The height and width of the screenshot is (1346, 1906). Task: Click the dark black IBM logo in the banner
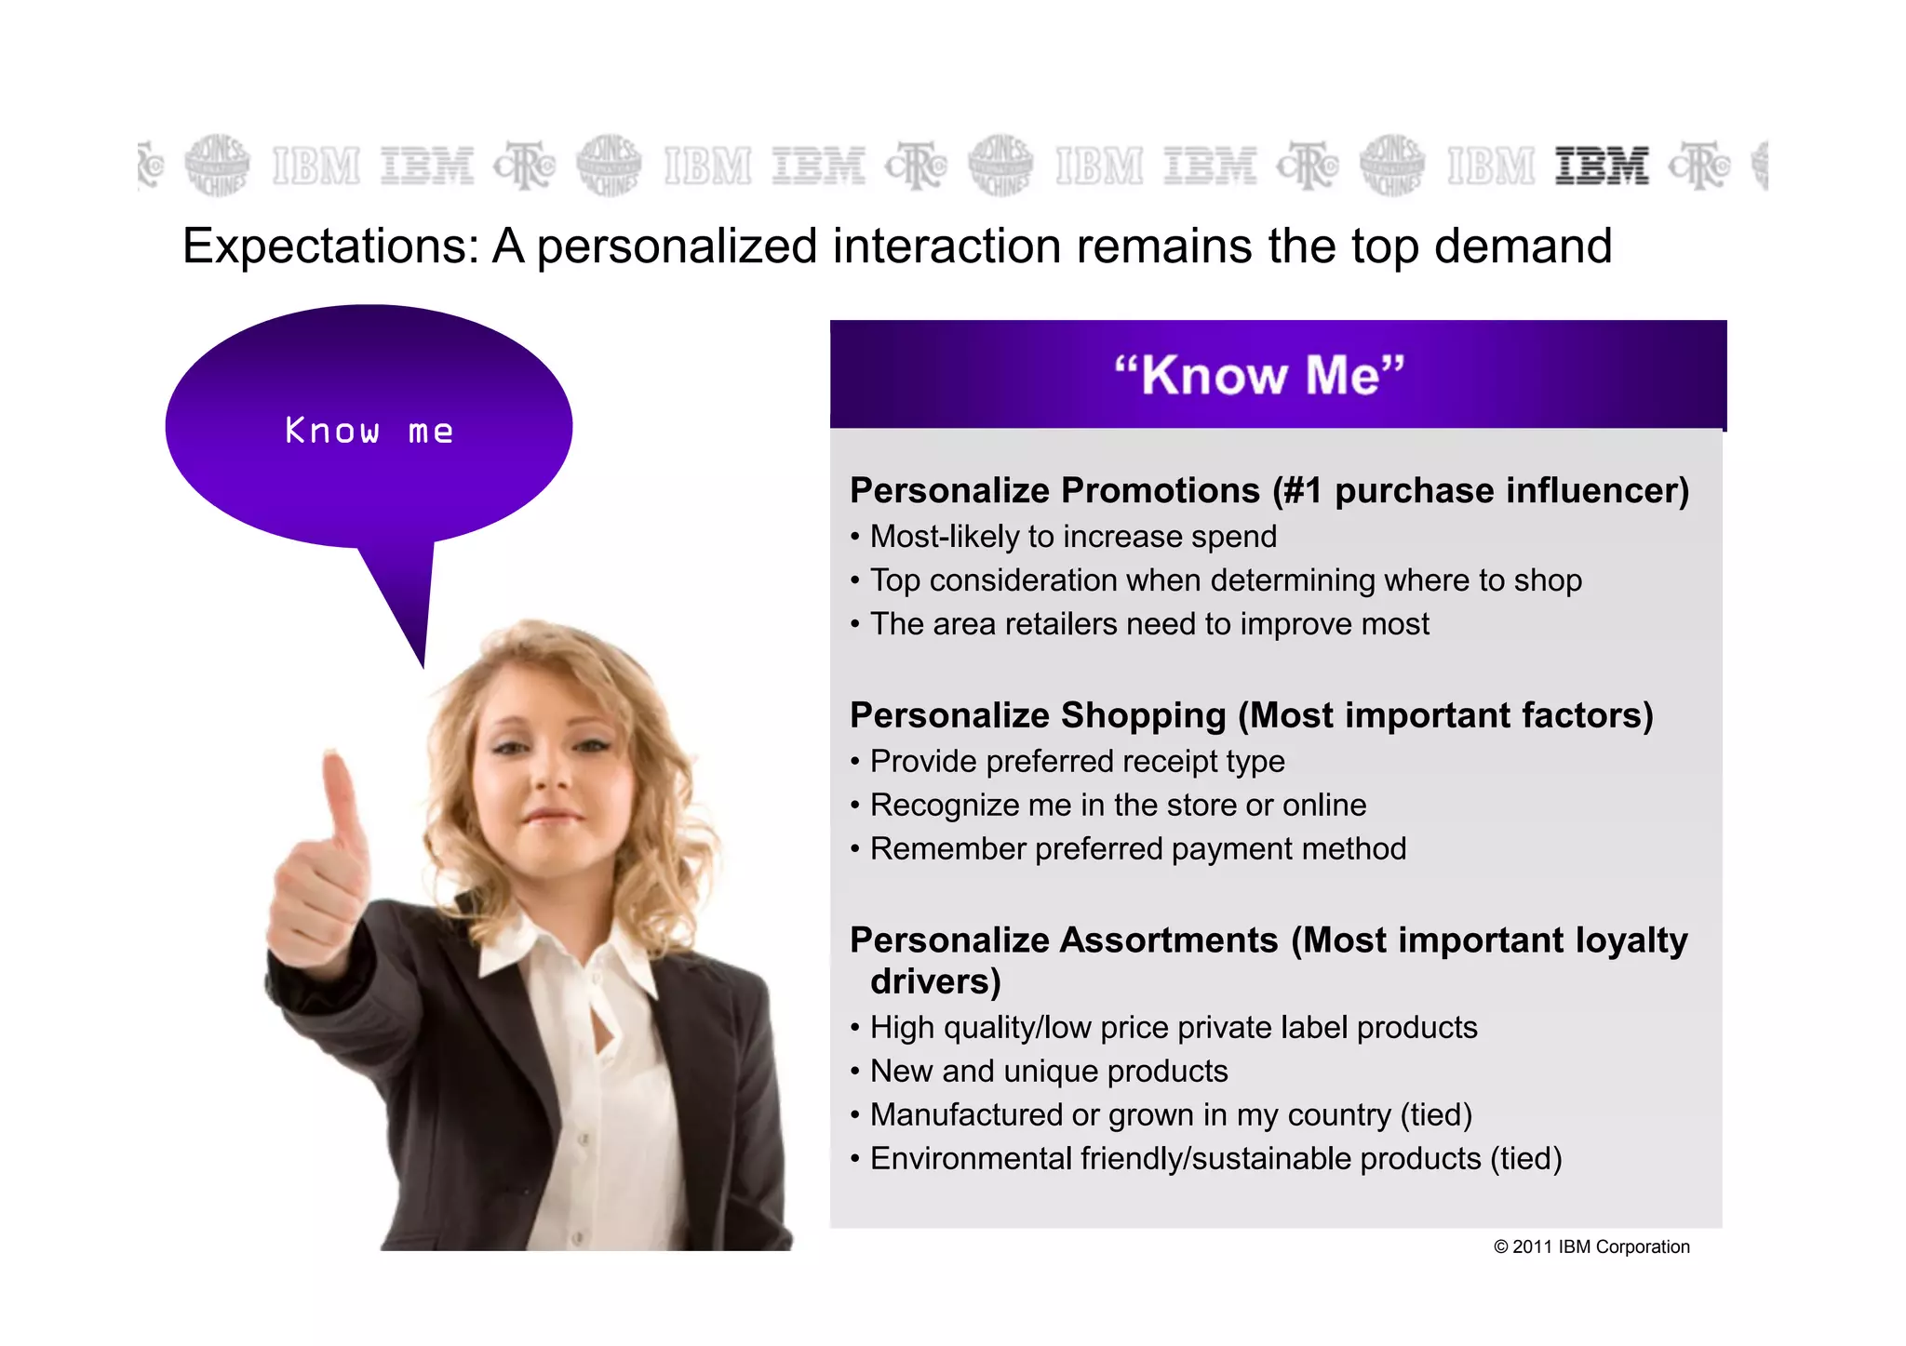click(x=1601, y=166)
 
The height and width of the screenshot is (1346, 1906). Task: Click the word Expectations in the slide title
click(x=329, y=247)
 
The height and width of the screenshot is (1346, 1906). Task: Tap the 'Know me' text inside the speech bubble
click(x=369, y=431)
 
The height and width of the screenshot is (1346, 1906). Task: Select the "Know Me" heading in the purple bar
click(x=1259, y=375)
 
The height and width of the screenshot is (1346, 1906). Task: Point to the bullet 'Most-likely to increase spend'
click(x=1072, y=537)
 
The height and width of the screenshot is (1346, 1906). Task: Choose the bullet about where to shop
click(x=1225, y=580)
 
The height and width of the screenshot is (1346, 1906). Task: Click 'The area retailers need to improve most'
click(x=1148, y=624)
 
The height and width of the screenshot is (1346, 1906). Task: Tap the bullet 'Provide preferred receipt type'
click(x=1077, y=762)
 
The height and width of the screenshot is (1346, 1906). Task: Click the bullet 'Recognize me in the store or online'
click(x=1118, y=806)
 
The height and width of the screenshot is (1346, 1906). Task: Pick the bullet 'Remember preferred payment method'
click(x=1137, y=849)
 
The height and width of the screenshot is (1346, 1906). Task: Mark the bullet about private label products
click(x=1173, y=1028)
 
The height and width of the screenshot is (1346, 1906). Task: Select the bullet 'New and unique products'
click(x=1048, y=1072)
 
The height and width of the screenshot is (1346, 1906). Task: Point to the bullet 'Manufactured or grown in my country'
click(x=1170, y=1115)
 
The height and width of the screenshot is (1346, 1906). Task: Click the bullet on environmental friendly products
click(x=1215, y=1159)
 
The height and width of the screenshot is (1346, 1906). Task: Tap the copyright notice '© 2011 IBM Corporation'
click(x=1591, y=1247)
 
